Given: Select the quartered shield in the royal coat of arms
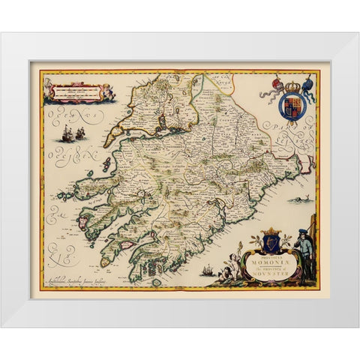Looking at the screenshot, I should (290, 106).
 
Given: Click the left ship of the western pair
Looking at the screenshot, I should (60, 136).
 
